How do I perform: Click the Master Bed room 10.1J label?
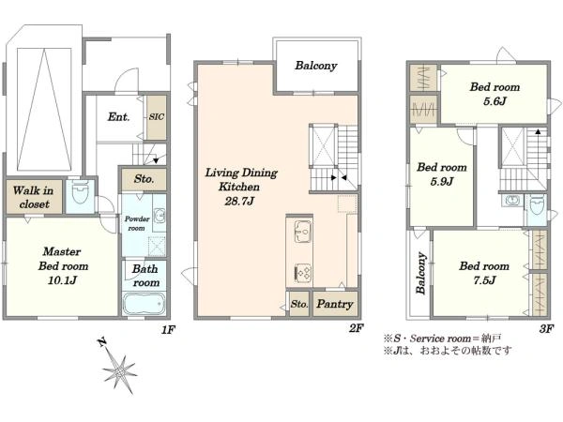click(63, 266)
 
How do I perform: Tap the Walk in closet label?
click(34, 197)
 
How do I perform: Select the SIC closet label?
click(157, 116)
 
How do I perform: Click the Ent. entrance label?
click(118, 116)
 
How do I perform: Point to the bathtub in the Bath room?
click(144, 304)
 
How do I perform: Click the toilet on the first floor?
click(80, 192)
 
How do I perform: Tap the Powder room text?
click(137, 223)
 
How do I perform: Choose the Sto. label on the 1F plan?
click(144, 178)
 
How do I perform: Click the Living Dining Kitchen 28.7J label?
click(240, 187)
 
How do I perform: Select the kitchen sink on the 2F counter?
click(303, 231)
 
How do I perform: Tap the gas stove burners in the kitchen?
click(303, 271)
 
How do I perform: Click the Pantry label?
click(335, 304)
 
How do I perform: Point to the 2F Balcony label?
click(316, 66)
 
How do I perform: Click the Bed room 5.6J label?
click(495, 94)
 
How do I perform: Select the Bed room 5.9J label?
click(442, 174)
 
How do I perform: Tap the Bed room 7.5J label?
click(484, 273)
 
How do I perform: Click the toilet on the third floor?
click(537, 205)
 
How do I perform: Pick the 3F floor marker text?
click(546, 329)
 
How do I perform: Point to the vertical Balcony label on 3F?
click(421, 274)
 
